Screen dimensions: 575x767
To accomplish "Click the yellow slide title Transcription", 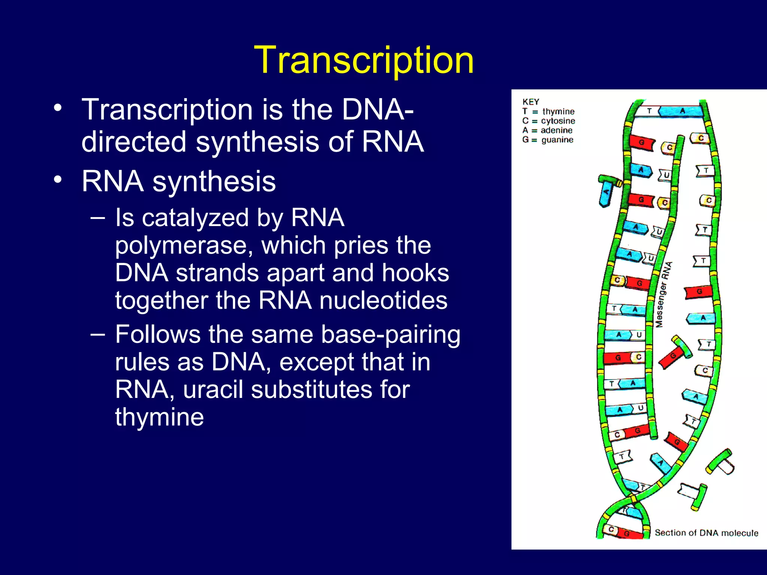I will (364, 60).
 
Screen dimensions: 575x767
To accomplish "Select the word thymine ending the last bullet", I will (159, 417).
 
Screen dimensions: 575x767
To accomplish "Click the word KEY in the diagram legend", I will (531, 102).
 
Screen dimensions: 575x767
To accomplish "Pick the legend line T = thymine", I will (548, 112).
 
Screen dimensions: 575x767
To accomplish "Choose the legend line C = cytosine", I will (549, 121).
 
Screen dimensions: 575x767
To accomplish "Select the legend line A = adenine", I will (548, 130).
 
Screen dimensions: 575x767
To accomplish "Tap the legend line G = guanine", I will (548, 140).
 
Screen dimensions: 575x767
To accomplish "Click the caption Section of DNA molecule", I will (706, 533).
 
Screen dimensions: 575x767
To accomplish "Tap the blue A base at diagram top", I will (682, 111).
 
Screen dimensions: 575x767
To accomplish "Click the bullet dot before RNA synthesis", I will (57, 180).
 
